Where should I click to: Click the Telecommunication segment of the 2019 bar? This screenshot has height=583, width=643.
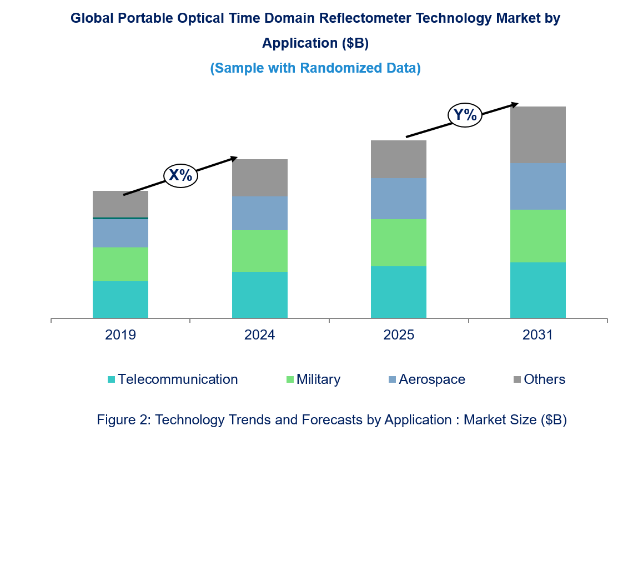coord(120,300)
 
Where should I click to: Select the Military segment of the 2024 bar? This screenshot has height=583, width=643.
coord(260,251)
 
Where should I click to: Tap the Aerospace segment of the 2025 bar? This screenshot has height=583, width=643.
coord(399,199)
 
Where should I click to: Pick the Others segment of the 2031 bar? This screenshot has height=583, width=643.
coord(538,135)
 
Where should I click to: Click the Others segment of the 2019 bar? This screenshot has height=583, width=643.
coord(120,204)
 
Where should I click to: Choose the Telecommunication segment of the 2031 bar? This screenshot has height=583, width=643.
coord(538,290)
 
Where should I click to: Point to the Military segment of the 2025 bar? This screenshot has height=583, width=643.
coord(399,242)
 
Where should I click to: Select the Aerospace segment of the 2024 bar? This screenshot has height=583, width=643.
coord(260,213)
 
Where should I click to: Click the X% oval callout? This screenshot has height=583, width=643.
coord(180,176)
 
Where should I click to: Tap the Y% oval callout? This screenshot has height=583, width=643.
coord(465,115)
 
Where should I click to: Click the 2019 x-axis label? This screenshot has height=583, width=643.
coord(120,335)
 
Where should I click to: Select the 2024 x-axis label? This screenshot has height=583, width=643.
coord(260,335)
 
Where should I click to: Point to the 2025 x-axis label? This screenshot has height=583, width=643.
coord(399,335)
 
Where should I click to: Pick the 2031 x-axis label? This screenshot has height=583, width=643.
coord(538,335)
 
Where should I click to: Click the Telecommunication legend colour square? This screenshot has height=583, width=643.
coord(112,379)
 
